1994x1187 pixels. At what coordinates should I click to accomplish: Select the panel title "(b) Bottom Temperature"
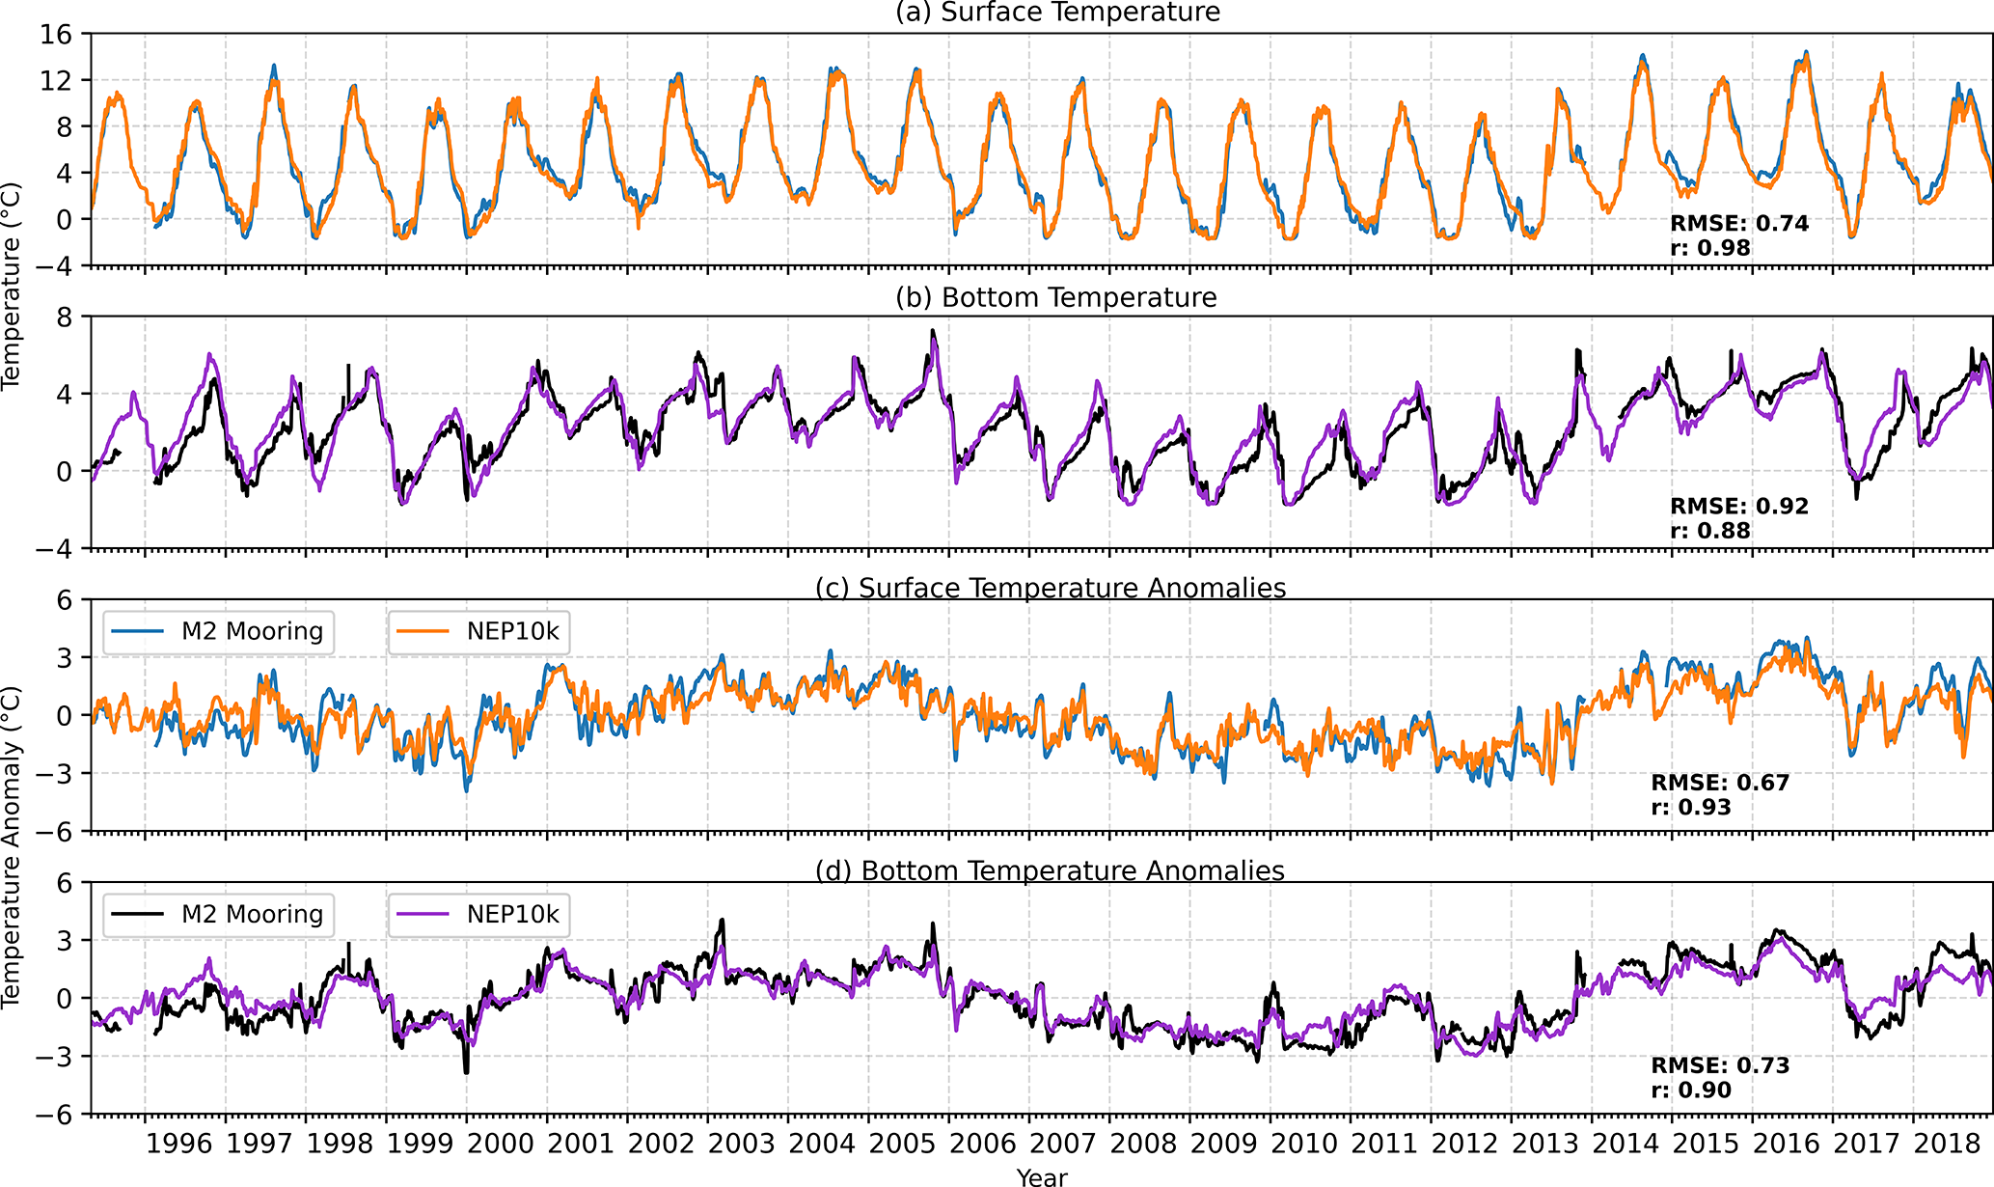(x=1056, y=297)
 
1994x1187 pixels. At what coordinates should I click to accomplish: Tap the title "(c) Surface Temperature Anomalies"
(x=1051, y=588)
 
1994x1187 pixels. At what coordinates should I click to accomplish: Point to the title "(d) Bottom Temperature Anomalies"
(x=1050, y=870)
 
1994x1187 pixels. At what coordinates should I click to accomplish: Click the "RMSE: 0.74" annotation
(x=1739, y=223)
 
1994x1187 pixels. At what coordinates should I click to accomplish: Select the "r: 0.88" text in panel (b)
(x=1709, y=531)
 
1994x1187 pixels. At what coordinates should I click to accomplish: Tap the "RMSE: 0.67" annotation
(x=1720, y=783)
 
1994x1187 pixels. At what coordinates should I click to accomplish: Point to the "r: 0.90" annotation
(x=1690, y=1090)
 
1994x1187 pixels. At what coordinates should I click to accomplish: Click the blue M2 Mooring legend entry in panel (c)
(x=218, y=631)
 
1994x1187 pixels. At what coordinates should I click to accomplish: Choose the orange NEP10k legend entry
(x=478, y=631)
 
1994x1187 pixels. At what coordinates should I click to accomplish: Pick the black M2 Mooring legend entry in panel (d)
(x=218, y=914)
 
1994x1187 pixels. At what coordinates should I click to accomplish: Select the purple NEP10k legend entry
(x=478, y=914)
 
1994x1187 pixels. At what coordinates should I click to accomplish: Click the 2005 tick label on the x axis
(x=902, y=1144)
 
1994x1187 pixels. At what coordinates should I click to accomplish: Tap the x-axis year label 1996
(x=178, y=1144)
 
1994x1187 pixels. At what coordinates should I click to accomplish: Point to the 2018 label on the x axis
(x=1947, y=1144)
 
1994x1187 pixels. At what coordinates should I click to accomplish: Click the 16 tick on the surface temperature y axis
(x=56, y=35)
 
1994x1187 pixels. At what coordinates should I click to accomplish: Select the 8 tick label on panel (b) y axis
(x=65, y=317)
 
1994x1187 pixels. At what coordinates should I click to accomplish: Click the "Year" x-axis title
(x=1042, y=1176)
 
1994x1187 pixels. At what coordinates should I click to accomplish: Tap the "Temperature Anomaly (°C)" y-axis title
(x=12, y=847)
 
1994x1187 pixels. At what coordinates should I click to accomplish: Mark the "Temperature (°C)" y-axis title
(x=12, y=287)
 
